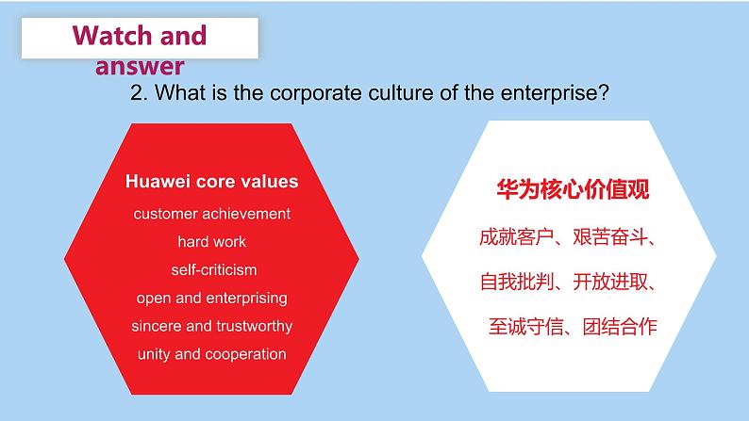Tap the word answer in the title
[x=140, y=66]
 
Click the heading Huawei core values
[x=211, y=181]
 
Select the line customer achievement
[x=211, y=214]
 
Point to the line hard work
[x=211, y=242]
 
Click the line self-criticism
[x=213, y=270]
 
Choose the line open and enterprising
[x=211, y=298]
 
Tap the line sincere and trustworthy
[x=211, y=326]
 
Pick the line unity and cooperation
[x=211, y=354]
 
